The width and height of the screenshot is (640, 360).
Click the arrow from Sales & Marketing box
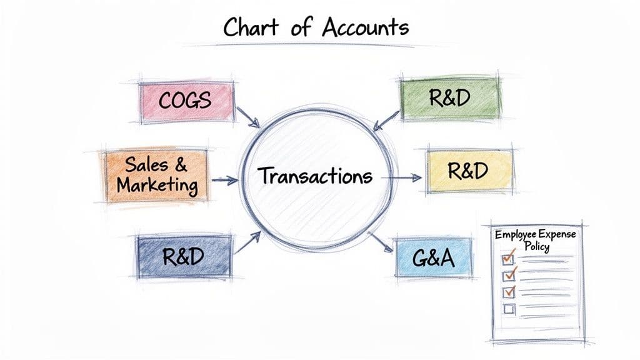click(x=225, y=181)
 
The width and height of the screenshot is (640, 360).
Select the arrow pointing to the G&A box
click(x=381, y=243)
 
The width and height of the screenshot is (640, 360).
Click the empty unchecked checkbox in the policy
click(x=508, y=308)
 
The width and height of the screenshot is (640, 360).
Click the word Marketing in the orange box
click(x=157, y=186)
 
